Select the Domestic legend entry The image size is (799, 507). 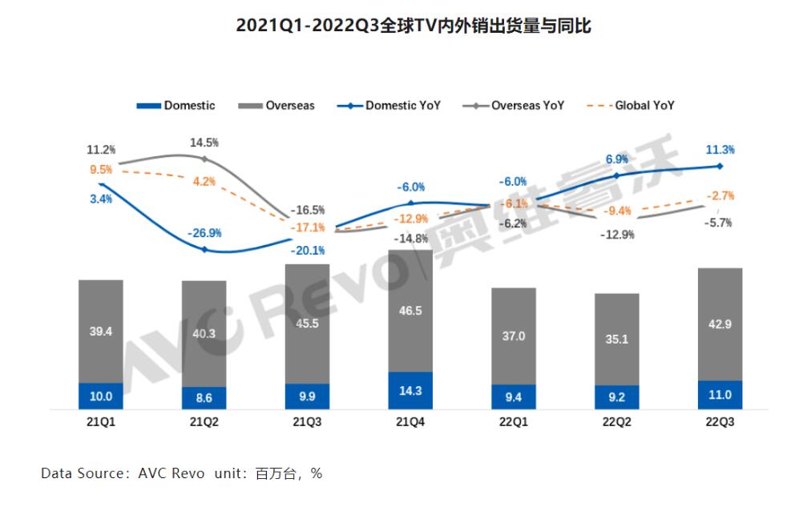(177, 105)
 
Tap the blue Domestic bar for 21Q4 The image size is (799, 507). (410, 390)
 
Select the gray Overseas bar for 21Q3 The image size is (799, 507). (307, 323)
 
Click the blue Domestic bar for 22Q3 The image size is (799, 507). (720, 394)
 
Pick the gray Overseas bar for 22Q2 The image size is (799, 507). (616, 338)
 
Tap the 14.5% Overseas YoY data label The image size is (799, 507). (204, 142)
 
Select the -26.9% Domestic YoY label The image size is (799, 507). (205, 233)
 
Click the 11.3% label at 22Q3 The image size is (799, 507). (720, 150)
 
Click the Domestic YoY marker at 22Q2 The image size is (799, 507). (616, 175)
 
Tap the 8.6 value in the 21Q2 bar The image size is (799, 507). (204, 397)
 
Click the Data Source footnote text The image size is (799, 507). (181, 473)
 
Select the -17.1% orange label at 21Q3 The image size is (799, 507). (309, 227)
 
